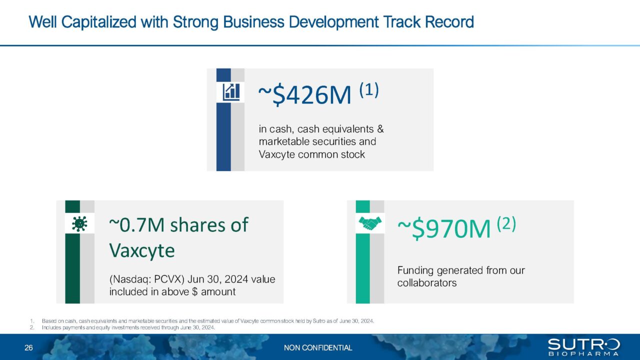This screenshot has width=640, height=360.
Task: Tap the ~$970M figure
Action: (x=444, y=228)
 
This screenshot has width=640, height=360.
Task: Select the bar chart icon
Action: (x=231, y=91)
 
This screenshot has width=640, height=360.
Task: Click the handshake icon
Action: (x=370, y=223)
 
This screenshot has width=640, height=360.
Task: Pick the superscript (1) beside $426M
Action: (x=369, y=90)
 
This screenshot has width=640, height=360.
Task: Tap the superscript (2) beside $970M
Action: (x=506, y=223)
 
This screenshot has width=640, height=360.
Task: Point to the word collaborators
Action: (x=427, y=283)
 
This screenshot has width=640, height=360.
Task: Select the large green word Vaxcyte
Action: (x=142, y=250)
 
